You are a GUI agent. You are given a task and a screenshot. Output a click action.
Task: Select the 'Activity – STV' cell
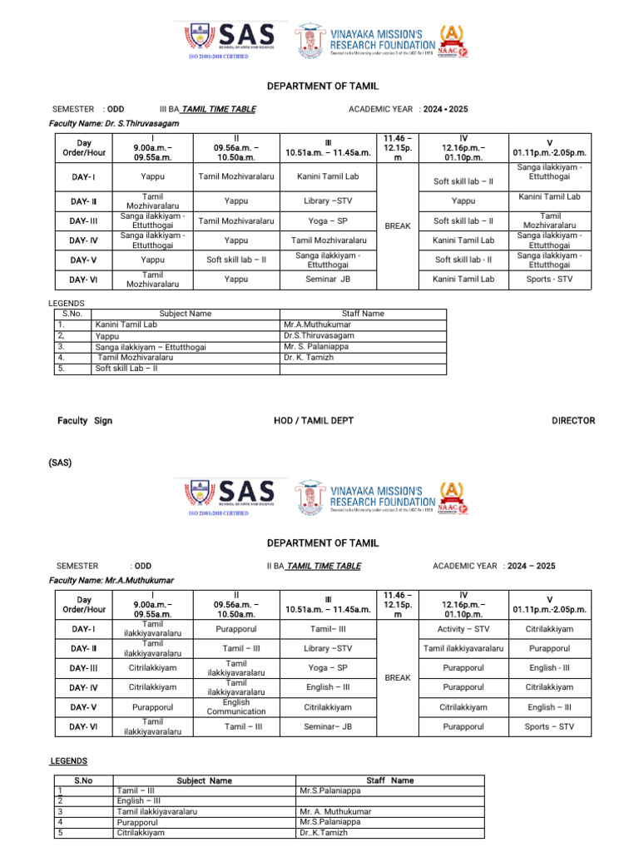[x=463, y=629]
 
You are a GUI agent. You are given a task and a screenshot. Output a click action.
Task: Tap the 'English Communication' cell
[x=236, y=707]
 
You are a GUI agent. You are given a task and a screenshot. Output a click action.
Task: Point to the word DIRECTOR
[x=573, y=421]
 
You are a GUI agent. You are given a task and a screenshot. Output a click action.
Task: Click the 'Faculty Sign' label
[x=85, y=421]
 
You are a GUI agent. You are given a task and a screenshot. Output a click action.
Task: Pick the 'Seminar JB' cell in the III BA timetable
[x=327, y=280]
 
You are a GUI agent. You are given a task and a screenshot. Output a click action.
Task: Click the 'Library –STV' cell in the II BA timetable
[x=327, y=648]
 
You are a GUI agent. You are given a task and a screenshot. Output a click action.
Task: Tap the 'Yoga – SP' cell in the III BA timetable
[x=327, y=220]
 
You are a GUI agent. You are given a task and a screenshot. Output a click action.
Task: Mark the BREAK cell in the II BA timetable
[x=398, y=678]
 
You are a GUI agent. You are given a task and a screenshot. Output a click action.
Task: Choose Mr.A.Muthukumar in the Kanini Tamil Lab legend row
[x=317, y=324]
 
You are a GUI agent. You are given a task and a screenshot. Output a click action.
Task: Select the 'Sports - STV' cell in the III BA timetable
[x=549, y=280]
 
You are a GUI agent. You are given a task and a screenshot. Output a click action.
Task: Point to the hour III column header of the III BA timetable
[x=327, y=147]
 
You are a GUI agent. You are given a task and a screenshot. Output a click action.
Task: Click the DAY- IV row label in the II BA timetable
[x=84, y=687]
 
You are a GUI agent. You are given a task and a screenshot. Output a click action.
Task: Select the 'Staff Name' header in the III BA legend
[x=362, y=314]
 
